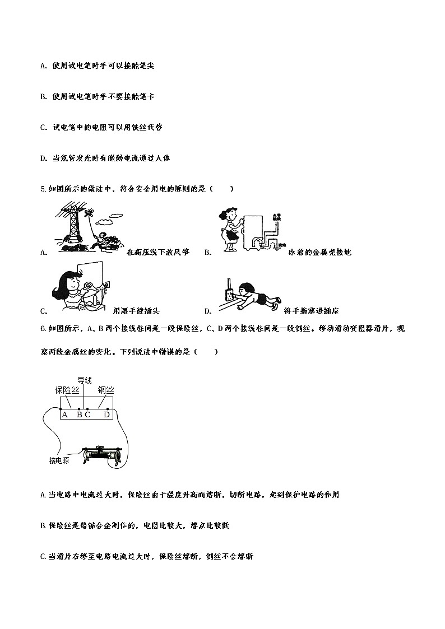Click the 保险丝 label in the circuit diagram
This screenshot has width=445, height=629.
pyautogui.click(x=67, y=390)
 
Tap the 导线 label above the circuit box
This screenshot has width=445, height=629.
pyautogui.click(x=84, y=380)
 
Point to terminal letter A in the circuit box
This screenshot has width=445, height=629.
pyautogui.click(x=65, y=415)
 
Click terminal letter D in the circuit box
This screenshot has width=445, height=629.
pyautogui.click(x=106, y=415)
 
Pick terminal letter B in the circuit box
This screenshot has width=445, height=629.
pyautogui.click(x=80, y=415)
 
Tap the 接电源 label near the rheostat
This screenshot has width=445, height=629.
pyautogui.click(x=59, y=460)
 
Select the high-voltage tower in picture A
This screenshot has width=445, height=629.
pyautogui.click(x=72, y=227)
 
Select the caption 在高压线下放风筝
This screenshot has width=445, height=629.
pyautogui.click(x=158, y=253)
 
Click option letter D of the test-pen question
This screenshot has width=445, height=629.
pyautogui.click(x=43, y=159)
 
